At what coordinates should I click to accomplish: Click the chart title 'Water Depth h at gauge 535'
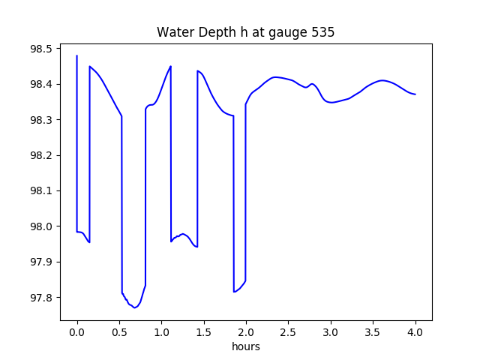coord(245,33)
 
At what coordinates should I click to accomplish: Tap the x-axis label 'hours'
coord(245,347)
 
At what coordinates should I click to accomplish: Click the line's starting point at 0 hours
coord(77,55)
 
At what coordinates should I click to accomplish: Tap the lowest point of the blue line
coord(135,307)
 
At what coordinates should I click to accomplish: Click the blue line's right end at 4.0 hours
coord(415,94)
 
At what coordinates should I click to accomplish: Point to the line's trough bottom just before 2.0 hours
coord(234,292)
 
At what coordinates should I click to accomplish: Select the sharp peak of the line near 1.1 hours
coord(171,66)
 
